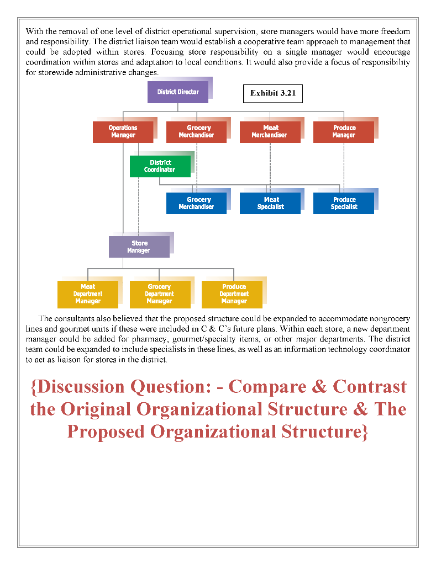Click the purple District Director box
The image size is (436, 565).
(x=178, y=92)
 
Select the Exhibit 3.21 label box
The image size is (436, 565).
(x=273, y=93)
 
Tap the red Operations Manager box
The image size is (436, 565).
(x=123, y=132)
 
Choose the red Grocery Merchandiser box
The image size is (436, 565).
(x=196, y=132)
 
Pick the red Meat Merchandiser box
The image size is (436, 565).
(x=270, y=132)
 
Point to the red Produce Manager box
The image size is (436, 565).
(x=343, y=132)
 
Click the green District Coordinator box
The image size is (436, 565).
(x=160, y=166)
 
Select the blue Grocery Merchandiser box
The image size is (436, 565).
(x=196, y=203)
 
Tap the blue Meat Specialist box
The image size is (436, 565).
(x=270, y=203)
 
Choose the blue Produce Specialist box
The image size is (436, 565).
(x=344, y=203)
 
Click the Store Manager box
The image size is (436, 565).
(x=139, y=247)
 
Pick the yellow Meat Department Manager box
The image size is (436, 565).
(x=88, y=294)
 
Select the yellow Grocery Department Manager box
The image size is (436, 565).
(x=160, y=294)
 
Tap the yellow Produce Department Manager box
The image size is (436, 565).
(x=234, y=294)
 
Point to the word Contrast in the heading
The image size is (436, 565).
(x=370, y=386)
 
